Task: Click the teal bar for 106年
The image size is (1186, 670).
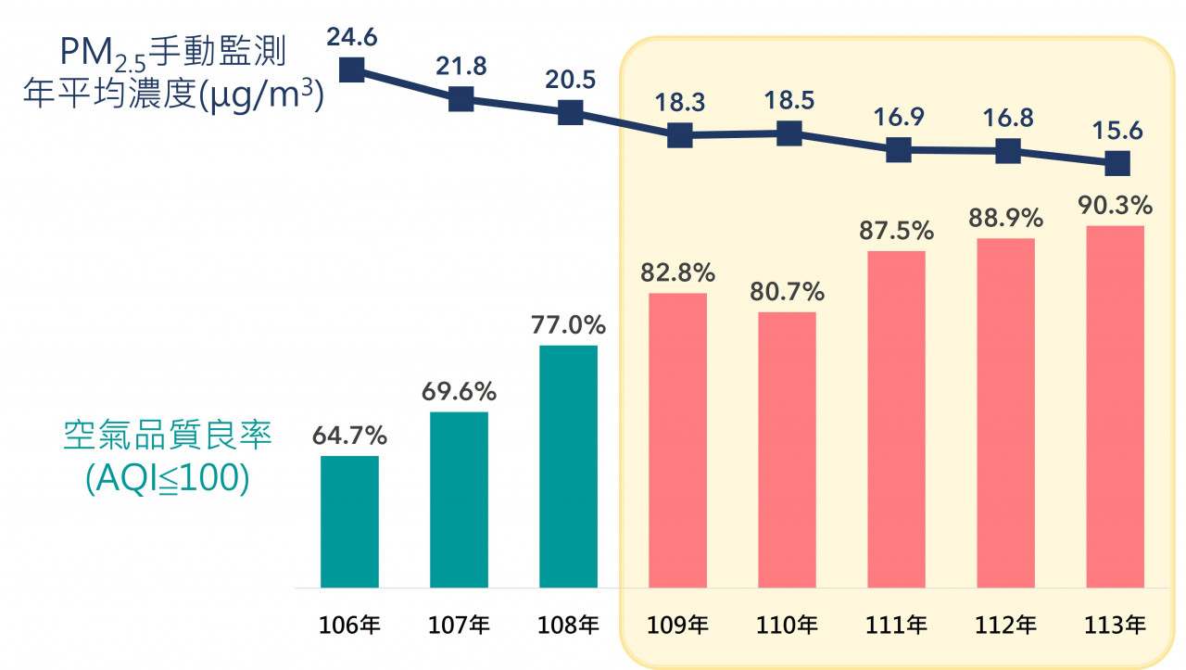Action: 349,522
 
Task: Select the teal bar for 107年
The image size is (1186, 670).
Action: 459,499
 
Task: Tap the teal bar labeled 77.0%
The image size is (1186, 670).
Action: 568,466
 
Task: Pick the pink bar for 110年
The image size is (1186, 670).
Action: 787,449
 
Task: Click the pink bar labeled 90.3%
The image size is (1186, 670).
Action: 1115,406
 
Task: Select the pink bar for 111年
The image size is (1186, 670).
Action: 896,419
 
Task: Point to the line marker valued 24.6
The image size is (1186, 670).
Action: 351,70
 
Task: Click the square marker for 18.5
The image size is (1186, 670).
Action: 789,133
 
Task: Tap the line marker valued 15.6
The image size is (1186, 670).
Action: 1117,163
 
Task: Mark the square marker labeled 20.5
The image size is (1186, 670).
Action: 570,113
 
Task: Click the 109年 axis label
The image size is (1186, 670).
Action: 679,626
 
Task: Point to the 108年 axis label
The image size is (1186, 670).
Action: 570,626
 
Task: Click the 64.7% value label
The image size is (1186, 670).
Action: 349,436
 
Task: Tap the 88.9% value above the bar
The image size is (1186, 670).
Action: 1005,219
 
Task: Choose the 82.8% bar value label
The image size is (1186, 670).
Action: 677,273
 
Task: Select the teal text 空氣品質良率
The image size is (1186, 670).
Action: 168,436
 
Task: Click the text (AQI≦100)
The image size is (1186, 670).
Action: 168,479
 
